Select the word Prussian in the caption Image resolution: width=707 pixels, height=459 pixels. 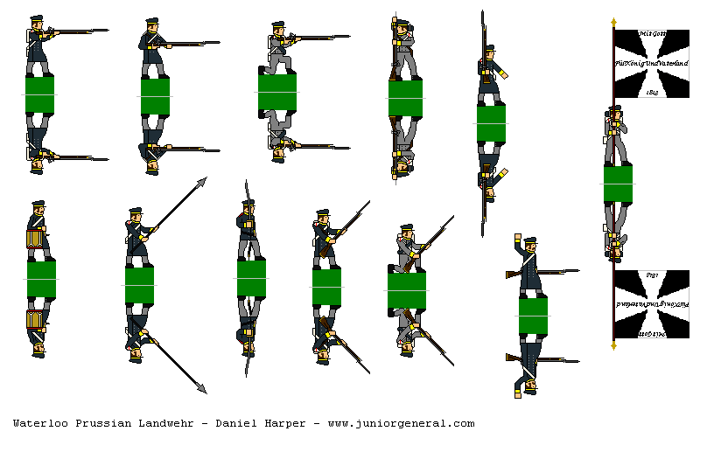pos(102,423)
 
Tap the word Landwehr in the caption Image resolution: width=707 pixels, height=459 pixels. pos(166,423)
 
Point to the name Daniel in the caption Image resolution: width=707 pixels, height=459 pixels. pos(236,423)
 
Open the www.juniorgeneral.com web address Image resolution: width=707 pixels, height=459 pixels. pos(401,423)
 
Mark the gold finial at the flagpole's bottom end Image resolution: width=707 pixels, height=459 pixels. pos(613,345)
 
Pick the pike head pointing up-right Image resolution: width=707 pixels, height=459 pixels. pos(202,181)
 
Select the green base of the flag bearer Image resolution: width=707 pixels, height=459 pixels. pos(618,184)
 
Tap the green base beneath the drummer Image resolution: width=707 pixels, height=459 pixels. pos(41,279)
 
